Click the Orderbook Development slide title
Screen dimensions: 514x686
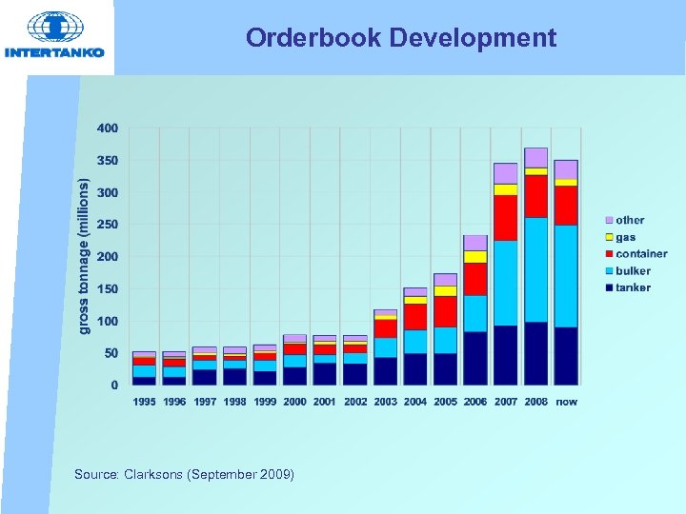pos(400,38)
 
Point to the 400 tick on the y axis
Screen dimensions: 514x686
pos(108,128)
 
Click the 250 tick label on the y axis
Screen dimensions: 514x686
pos(108,225)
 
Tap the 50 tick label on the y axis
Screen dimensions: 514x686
pos(111,353)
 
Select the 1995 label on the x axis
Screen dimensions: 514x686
pos(145,402)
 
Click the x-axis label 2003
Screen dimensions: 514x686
pos(385,402)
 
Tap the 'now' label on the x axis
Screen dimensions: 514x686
pos(566,402)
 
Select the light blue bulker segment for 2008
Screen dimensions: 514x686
pos(535,269)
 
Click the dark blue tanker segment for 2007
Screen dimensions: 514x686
pos(505,355)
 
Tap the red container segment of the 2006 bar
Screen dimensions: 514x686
pos(475,279)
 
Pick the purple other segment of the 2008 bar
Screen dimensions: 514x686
pos(535,157)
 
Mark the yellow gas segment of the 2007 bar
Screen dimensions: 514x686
pos(505,189)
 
